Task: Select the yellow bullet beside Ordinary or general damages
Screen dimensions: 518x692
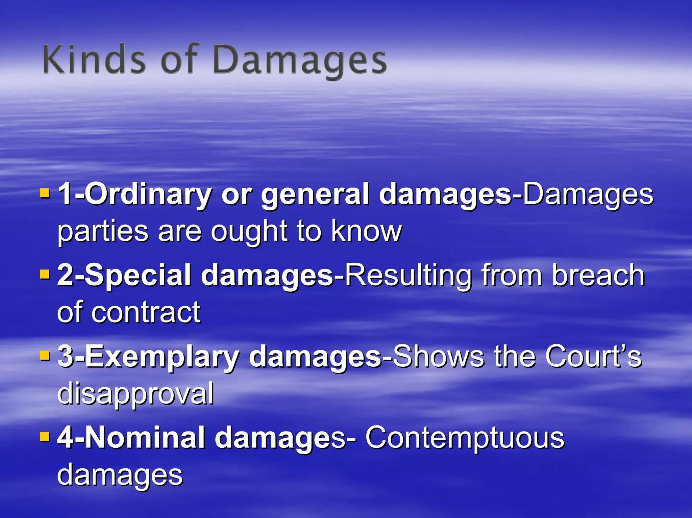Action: [x=45, y=193]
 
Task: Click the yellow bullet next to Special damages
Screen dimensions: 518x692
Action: [x=45, y=274]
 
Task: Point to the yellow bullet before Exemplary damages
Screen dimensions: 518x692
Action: [x=45, y=356]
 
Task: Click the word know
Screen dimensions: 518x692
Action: [x=366, y=231]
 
